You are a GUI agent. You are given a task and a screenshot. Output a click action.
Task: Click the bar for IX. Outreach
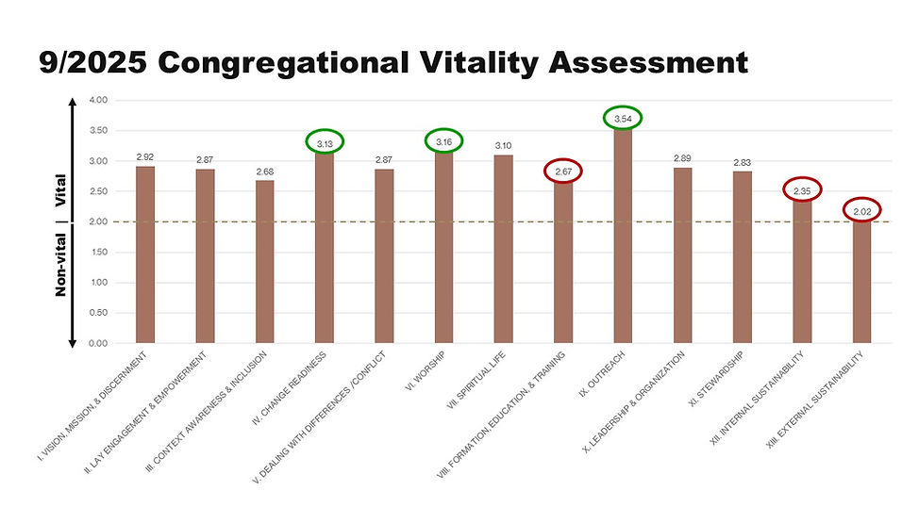coord(623,236)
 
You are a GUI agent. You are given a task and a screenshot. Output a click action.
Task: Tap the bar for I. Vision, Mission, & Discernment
coord(145,254)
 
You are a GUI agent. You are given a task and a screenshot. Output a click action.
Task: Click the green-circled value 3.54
coord(623,119)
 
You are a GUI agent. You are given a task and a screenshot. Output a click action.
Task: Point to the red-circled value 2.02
coord(861,210)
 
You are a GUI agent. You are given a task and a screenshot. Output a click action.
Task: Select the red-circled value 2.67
coord(562,172)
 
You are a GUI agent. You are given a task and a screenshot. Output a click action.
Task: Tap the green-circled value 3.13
coord(325,142)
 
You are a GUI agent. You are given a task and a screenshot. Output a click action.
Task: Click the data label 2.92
coord(145,156)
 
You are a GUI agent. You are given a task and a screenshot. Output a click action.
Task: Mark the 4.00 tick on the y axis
coord(98,100)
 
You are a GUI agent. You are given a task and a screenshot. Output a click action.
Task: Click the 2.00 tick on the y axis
coord(98,221)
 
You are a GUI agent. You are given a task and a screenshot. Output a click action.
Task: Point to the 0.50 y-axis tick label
coord(98,313)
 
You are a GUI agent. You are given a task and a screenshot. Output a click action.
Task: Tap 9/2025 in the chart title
coord(94,63)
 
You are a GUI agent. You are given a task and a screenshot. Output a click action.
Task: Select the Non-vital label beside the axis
coord(61,267)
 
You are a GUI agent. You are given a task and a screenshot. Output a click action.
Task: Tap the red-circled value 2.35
coord(802,191)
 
